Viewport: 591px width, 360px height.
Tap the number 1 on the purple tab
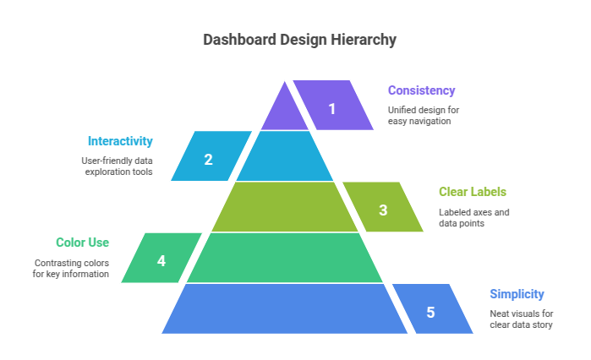point(332,108)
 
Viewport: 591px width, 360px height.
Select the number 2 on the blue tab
point(208,159)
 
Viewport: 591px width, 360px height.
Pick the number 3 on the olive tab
point(383,210)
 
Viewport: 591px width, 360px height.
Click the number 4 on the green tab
point(161,260)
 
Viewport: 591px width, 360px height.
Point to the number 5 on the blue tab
point(430,312)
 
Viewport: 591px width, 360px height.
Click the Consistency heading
point(421,90)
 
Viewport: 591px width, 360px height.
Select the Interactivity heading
point(120,141)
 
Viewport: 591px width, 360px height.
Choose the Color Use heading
point(82,243)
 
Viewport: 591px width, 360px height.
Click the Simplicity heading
point(517,294)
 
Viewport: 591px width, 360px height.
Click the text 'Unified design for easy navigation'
point(423,115)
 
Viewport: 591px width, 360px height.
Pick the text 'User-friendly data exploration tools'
point(119,166)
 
